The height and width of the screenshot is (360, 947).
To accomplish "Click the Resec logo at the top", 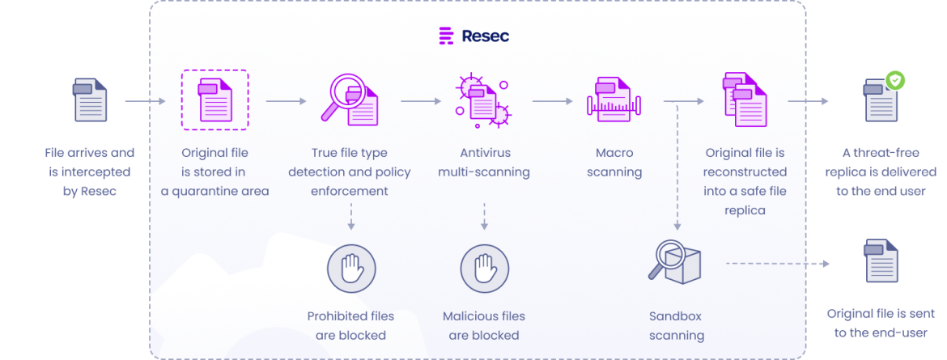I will [x=473, y=36].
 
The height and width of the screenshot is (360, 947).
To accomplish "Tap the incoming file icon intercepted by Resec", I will [x=89, y=100].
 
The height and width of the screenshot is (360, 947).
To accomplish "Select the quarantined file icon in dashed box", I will [x=214, y=100].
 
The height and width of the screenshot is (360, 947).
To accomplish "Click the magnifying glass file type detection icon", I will [x=350, y=99].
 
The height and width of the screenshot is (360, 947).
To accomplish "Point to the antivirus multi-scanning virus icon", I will [x=482, y=100].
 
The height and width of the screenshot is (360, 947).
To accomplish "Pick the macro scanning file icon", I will [x=613, y=100].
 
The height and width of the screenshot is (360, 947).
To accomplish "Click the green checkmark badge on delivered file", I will [x=895, y=80].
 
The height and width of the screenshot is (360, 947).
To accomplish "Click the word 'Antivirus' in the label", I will [x=484, y=152].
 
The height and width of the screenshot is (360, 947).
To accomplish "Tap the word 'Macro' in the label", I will [x=613, y=152].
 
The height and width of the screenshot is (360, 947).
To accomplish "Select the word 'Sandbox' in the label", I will [x=677, y=316].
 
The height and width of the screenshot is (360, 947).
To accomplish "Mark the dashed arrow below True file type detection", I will [x=350, y=217].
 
